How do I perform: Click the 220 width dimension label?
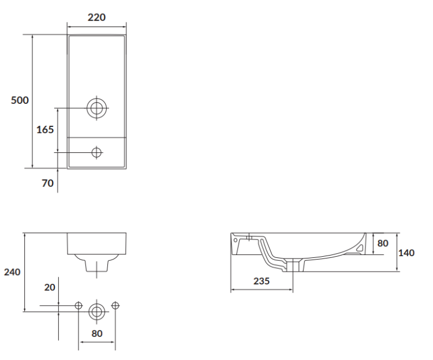96,17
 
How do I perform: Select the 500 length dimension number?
20,100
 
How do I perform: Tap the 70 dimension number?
47,183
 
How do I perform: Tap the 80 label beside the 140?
383,243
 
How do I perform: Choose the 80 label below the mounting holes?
96,333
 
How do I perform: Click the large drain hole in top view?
96,107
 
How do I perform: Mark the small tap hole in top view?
96,152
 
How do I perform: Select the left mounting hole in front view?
79,305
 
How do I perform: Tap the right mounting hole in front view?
114,305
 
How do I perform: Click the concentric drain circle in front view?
96,312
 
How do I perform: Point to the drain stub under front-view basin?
96,266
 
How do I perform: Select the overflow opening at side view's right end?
360,247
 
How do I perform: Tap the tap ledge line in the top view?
96,137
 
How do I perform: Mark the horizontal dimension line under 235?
262,290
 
